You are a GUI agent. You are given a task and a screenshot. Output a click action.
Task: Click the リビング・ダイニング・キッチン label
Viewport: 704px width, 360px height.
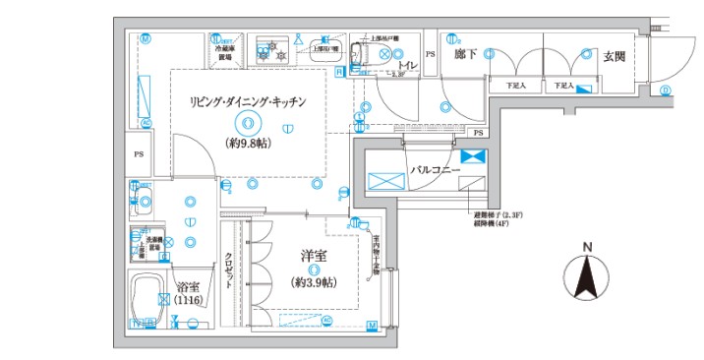249,101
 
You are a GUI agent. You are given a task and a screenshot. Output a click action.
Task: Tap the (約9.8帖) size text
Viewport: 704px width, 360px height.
248,141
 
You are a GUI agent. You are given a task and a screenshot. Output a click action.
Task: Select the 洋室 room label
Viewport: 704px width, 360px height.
315,255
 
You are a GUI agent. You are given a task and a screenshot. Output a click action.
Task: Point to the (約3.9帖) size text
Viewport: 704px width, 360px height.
314,282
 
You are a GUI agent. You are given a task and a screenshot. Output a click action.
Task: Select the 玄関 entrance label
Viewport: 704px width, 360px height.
615,56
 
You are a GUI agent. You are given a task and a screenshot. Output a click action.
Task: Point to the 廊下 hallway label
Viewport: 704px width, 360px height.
466,55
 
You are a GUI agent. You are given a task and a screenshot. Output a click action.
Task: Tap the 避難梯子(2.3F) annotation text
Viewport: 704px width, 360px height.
497,213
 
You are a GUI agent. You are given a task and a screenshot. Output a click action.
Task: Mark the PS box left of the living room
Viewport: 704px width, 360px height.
139,155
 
